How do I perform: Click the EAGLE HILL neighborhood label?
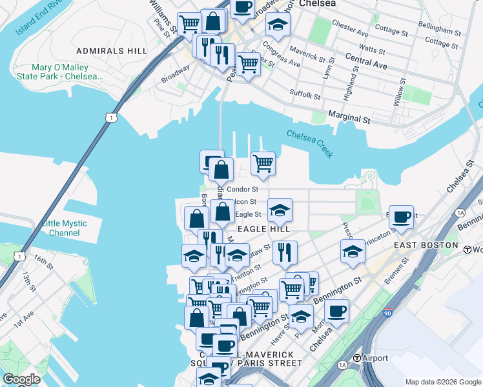pyautogui.click(x=263, y=228)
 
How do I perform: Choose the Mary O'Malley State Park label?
pyautogui.click(x=67, y=72)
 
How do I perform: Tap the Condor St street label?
pyautogui.click(x=242, y=190)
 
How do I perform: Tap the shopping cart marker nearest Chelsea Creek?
pyautogui.click(x=263, y=163)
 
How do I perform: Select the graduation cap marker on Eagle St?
pyautogui.click(x=280, y=210)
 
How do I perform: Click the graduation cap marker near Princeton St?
pyautogui.click(x=353, y=252)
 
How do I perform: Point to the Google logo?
pyautogui.click(x=21, y=379)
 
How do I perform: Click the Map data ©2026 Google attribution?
pyautogui.click(x=443, y=382)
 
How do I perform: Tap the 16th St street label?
pyautogui.click(x=43, y=262)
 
